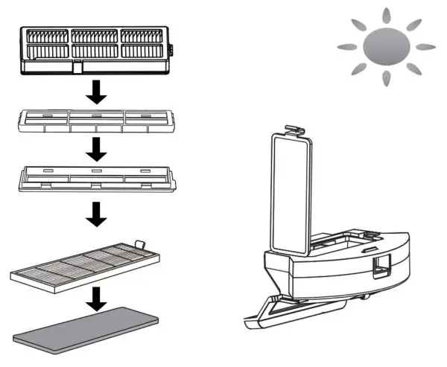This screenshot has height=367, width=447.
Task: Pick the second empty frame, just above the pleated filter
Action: click(95, 179)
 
